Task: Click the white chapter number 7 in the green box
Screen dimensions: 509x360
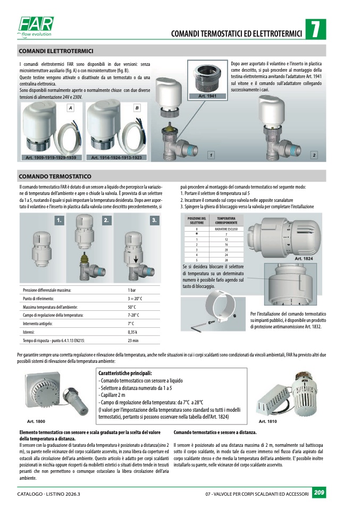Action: tap(315, 30)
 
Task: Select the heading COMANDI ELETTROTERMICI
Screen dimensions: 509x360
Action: tap(56, 51)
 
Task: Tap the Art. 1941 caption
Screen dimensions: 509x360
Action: tap(207, 96)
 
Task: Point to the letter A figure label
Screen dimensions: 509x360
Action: tap(70, 108)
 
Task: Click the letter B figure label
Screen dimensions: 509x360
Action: tap(137, 108)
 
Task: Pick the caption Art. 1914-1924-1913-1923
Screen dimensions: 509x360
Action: tap(116, 158)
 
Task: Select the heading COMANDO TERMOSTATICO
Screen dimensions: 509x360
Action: tap(55, 176)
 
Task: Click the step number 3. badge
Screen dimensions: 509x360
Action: tap(155, 219)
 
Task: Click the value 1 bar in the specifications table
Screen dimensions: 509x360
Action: tap(132, 291)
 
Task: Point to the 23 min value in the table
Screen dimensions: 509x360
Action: tap(133, 340)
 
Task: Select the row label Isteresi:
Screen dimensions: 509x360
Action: tap(29, 332)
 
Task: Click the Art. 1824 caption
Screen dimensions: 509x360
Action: tap(304, 258)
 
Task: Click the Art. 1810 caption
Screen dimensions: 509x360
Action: tap(267, 421)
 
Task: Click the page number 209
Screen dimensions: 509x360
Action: tap(319, 493)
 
